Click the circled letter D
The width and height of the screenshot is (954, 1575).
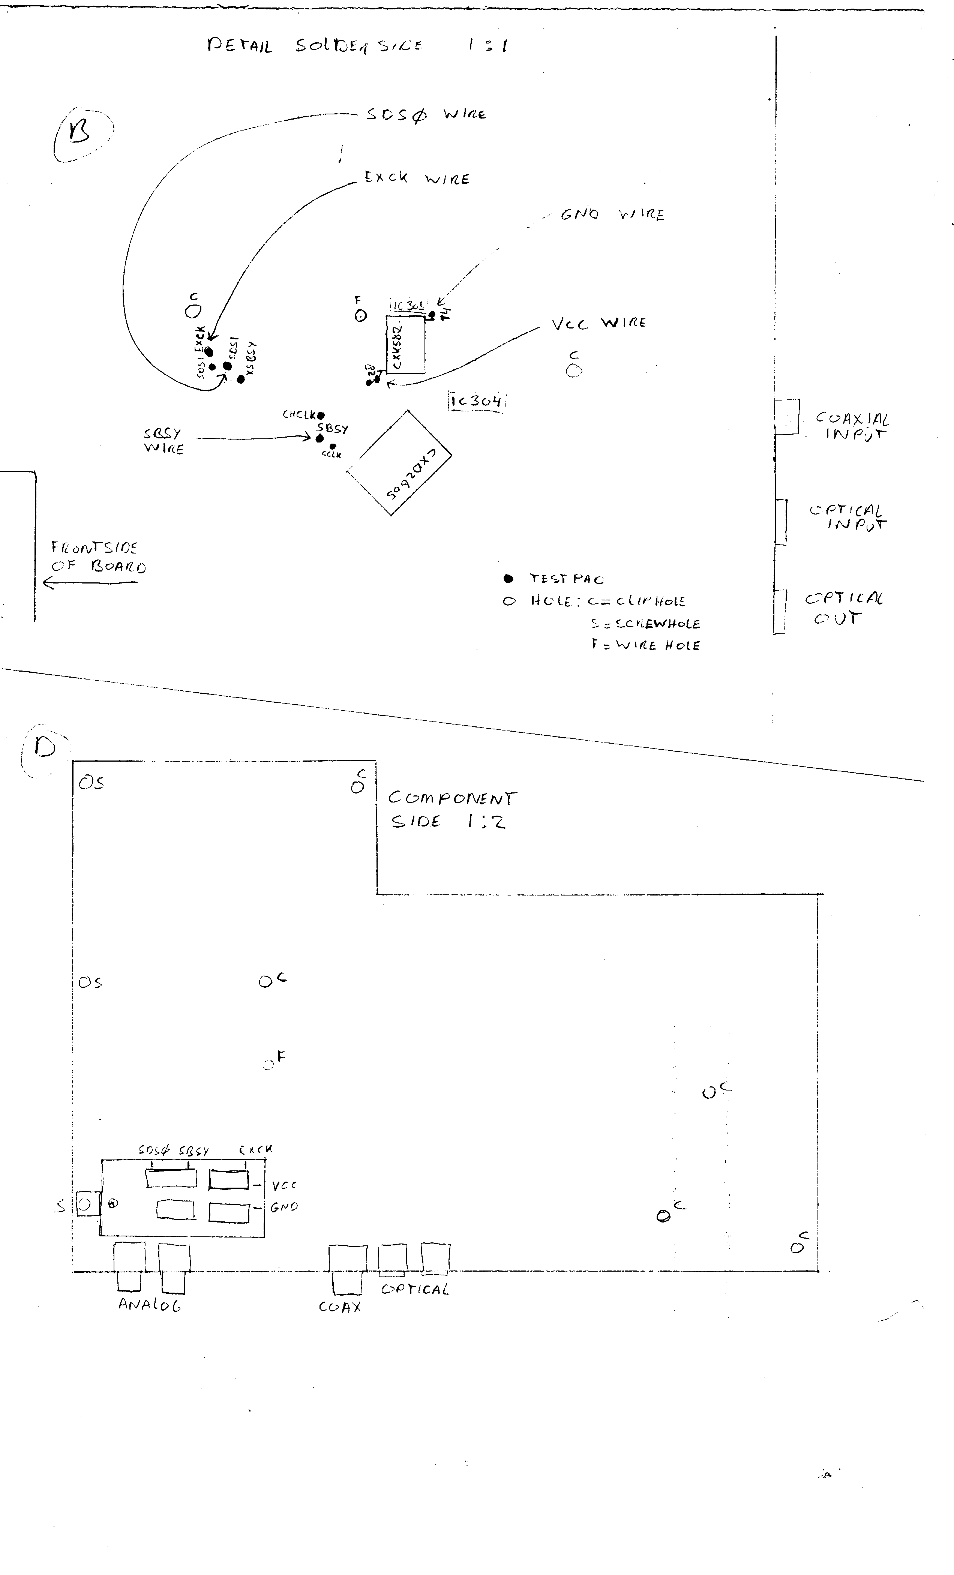click(45, 747)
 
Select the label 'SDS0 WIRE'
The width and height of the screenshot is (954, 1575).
click(426, 115)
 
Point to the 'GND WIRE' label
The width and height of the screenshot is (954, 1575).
click(612, 215)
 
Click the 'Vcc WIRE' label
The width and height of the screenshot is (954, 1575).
click(598, 323)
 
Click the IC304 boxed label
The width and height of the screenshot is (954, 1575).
click(476, 401)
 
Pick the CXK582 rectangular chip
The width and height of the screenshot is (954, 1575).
click(405, 345)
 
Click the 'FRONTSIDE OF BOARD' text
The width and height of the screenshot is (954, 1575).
click(98, 557)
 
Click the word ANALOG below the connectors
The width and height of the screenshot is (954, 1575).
click(150, 1305)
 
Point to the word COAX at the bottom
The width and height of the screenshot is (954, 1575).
click(339, 1307)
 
